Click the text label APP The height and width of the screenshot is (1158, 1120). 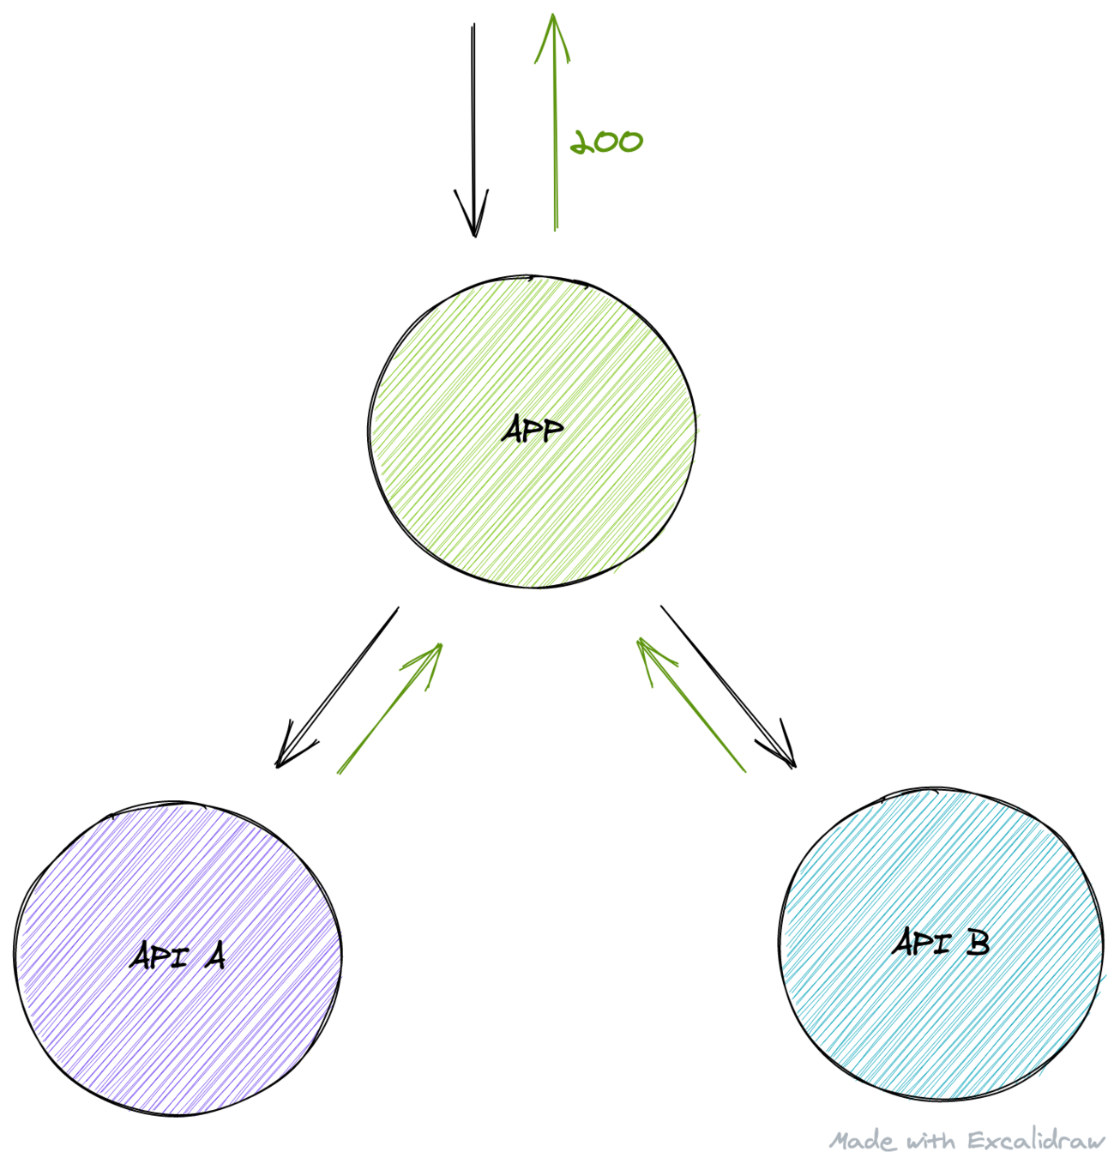[533, 430]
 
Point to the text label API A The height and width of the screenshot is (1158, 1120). [178, 956]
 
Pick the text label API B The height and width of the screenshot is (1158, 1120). [941, 943]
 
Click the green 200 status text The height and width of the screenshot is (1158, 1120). [607, 142]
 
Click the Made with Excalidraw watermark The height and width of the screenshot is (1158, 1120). [967, 1141]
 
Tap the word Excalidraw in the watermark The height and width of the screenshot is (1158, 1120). [1036, 1141]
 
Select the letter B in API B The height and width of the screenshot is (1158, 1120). [977, 943]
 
